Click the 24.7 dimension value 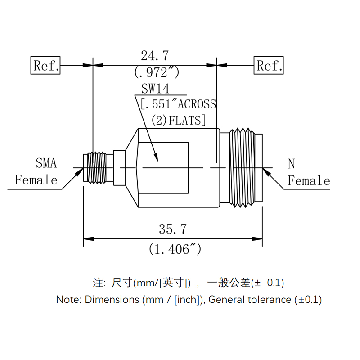pos(155,56)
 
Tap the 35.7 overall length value pos(172,229)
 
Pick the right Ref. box pos(269,66)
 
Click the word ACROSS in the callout pos(197,104)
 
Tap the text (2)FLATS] pos(179,120)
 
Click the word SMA pos(46,163)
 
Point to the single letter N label pos(292,164)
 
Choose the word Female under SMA pos(36,180)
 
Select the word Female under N pos(309,181)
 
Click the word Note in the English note pos(69,299)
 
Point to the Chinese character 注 pos(98,283)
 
